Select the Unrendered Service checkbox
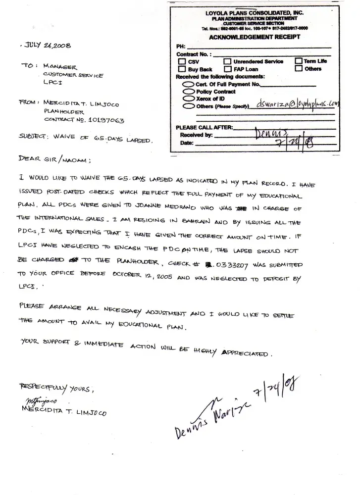coord(228,62)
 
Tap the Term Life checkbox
coord(299,61)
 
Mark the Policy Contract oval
coord(189,92)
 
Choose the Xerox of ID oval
coord(189,99)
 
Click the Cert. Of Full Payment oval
coord(189,85)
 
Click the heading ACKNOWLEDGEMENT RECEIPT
coord(254,37)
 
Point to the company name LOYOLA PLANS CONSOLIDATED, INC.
coord(255,13)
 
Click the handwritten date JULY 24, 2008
coord(48,46)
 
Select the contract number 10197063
coord(102,120)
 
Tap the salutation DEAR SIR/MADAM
coord(54,159)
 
